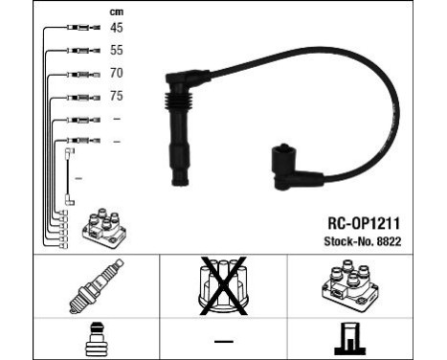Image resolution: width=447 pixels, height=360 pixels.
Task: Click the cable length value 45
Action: [x=117, y=28]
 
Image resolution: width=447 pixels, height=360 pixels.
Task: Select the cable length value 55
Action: [x=117, y=50]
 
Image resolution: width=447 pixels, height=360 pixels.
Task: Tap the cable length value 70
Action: [x=117, y=73]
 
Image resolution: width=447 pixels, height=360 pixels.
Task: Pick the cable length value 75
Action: [x=117, y=96]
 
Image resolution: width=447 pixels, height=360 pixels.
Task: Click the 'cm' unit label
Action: [x=116, y=11]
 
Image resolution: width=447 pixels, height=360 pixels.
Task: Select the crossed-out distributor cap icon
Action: [x=222, y=284]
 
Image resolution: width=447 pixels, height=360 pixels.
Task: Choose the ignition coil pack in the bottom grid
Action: [x=356, y=284]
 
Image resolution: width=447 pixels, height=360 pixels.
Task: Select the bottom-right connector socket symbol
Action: [x=356, y=339]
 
